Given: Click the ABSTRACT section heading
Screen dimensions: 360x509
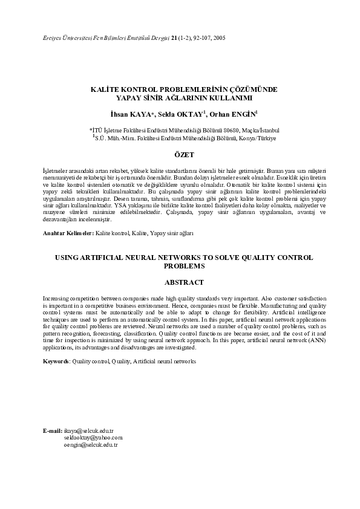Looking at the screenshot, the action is [x=184, y=282].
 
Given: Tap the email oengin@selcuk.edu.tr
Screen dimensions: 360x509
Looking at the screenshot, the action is [x=90, y=444].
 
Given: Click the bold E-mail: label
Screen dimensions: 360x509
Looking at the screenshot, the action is [x=52, y=431].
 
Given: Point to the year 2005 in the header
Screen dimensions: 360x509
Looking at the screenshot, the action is [x=219, y=38].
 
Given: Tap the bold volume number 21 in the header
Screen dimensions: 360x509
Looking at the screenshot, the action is [x=174, y=38].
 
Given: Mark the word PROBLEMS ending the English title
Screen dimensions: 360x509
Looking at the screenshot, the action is [x=184, y=265].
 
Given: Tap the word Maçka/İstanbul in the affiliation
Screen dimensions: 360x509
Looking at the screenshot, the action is [x=261, y=130].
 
